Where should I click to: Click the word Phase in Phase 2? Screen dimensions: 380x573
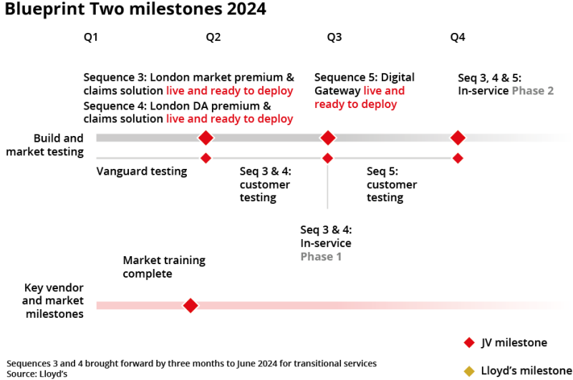point(528,92)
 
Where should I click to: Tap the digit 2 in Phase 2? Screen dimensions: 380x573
point(550,92)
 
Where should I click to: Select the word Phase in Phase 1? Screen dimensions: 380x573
point(316,256)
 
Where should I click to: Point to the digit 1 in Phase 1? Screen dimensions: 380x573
point(338,256)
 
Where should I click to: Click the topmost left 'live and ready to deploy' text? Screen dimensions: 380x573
point(229,91)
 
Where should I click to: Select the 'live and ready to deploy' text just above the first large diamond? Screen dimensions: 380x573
point(229,119)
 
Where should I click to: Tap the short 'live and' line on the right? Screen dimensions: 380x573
point(384,91)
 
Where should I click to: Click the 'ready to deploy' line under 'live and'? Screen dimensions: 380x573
point(356,104)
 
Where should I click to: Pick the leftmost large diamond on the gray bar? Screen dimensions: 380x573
point(206,137)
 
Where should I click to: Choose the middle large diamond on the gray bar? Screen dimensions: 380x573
point(327,137)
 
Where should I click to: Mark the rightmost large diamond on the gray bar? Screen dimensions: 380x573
point(458,137)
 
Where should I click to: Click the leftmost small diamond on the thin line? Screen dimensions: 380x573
point(206,158)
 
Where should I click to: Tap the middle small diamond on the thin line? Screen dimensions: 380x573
point(327,158)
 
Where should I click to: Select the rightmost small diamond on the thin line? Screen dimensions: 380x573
point(458,158)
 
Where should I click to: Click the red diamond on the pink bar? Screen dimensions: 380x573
point(190,306)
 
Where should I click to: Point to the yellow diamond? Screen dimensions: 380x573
point(469,371)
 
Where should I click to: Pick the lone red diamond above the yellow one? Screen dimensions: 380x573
point(469,343)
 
